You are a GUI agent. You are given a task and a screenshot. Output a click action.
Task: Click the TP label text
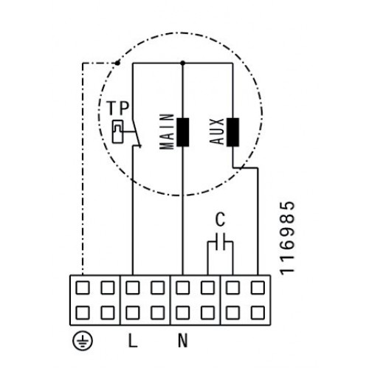(x=118, y=108)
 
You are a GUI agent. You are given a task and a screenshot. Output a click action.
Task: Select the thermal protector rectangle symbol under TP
(x=117, y=131)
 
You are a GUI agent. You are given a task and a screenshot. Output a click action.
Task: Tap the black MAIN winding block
(x=183, y=132)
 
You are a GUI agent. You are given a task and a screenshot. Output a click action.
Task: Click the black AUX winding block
(x=232, y=132)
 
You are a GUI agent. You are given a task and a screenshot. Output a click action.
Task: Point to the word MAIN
(x=167, y=131)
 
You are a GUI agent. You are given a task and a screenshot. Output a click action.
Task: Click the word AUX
(x=217, y=131)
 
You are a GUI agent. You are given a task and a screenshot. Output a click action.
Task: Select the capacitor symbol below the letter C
(x=220, y=242)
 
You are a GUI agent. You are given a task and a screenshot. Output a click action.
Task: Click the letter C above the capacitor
(x=220, y=219)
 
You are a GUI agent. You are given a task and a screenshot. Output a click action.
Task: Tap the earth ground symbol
(x=83, y=341)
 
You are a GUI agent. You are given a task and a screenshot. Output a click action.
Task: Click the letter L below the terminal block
(x=133, y=340)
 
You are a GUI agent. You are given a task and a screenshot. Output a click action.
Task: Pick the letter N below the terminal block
(x=183, y=340)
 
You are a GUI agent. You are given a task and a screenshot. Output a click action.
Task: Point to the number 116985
(x=287, y=238)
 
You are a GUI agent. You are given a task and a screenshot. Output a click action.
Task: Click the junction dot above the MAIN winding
(x=182, y=63)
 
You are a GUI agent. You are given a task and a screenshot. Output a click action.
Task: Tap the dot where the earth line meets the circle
(x=117, y=63)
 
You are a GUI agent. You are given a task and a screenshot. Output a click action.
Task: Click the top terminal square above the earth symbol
(x=83, y=288)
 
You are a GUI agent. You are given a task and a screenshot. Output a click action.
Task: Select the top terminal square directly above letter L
(x=133, y=288)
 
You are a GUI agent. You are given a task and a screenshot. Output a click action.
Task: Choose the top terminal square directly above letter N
(x=183, y=288)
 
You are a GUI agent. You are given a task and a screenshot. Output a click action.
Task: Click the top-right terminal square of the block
(x=258, y=288)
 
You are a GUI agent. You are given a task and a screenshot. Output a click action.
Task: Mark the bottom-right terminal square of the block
(x=258, y=313)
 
